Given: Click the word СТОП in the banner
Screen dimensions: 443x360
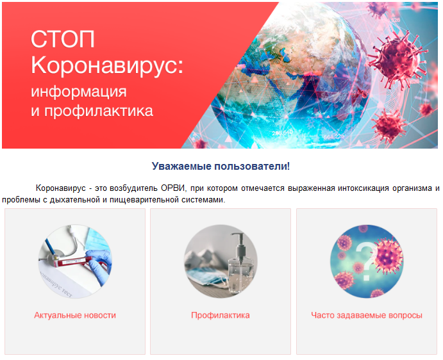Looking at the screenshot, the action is click(62, 39).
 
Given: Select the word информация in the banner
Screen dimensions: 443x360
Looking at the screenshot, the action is click(79, 92).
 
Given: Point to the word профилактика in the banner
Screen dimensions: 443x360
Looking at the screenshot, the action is click(99, 111).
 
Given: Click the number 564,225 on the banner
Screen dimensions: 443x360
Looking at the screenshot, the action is click(334, 137).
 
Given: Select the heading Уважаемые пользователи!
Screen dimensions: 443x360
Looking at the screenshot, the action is click(221, 166).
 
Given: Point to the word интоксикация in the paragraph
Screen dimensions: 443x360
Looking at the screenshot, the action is click(364, 188).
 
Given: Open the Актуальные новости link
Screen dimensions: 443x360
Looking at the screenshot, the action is click(75, 315).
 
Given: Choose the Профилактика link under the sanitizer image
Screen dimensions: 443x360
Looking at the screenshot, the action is click(221, 315).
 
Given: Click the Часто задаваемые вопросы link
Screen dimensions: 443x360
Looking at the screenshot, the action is click(367, 315).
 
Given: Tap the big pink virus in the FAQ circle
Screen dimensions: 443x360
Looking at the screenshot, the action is click(389, 256).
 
